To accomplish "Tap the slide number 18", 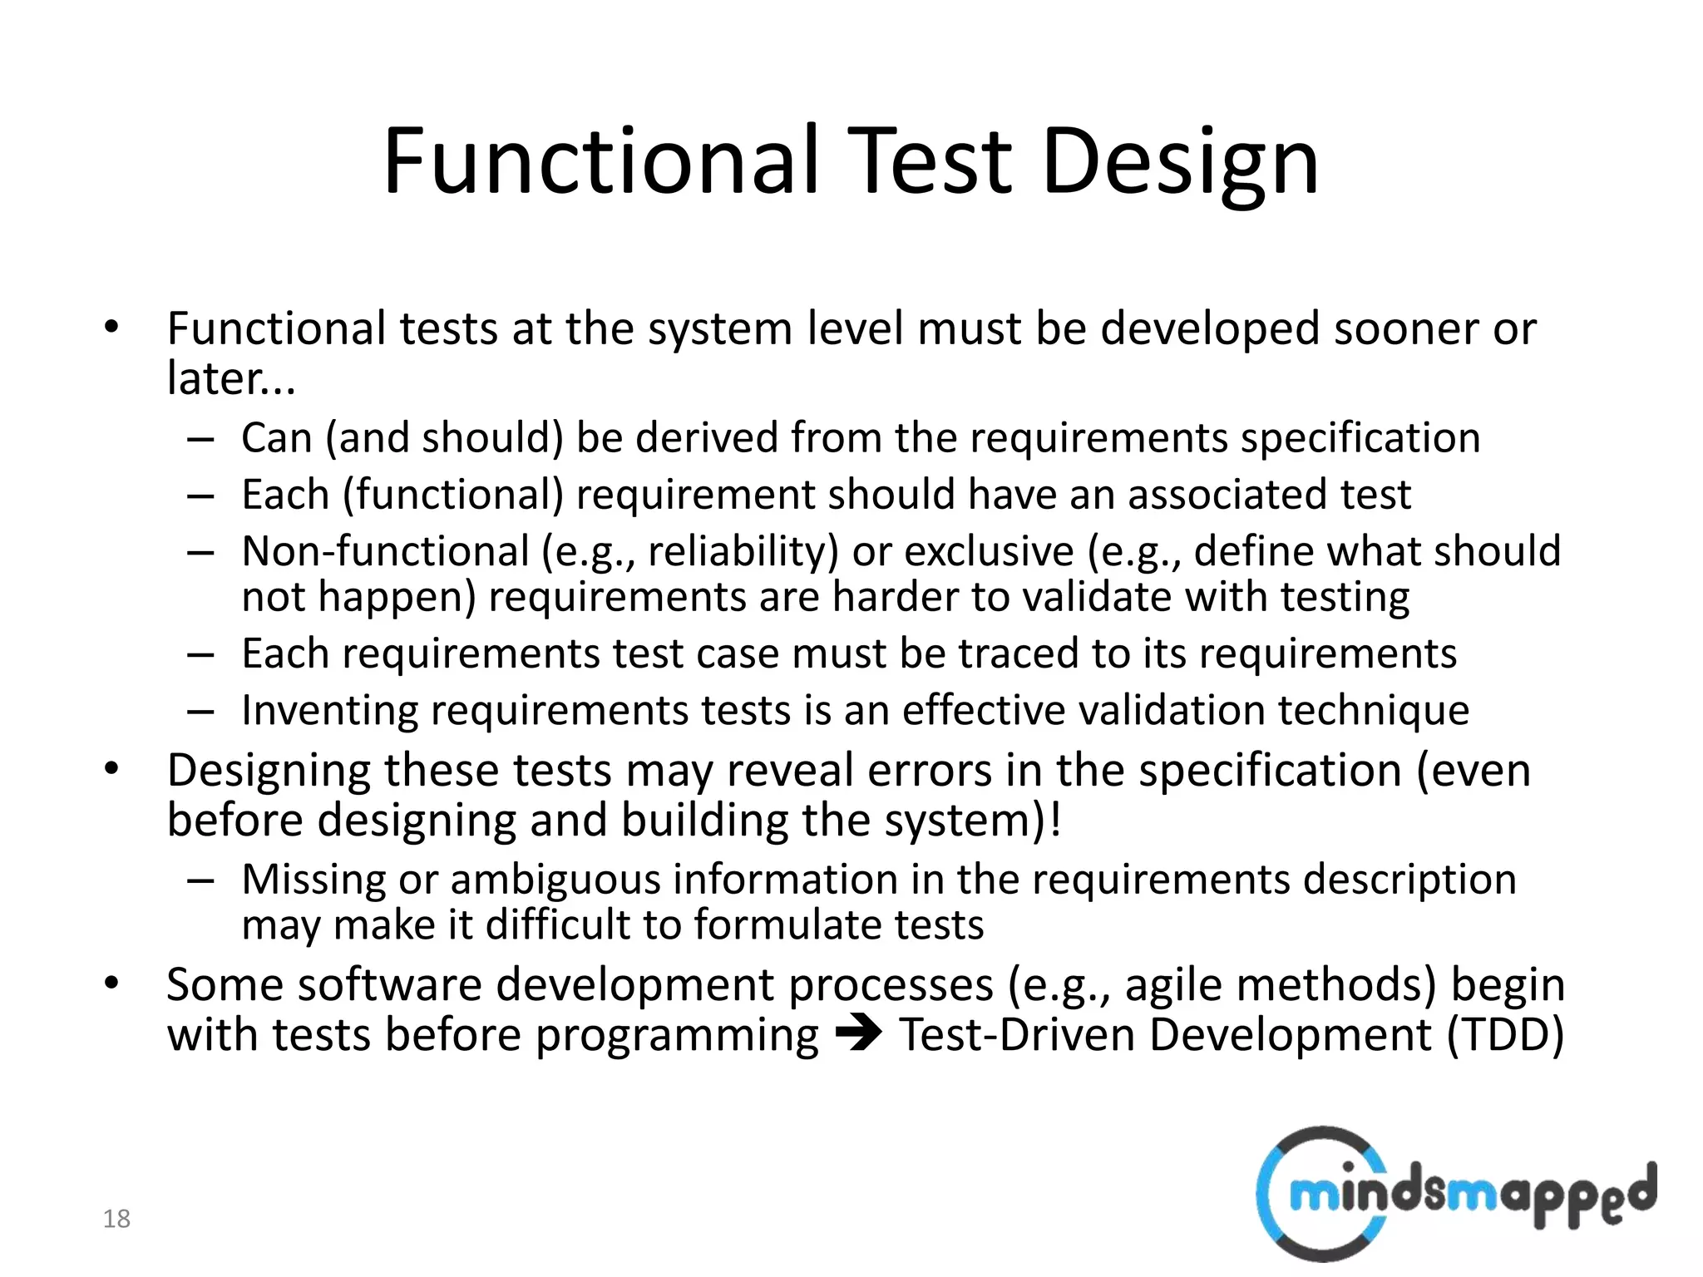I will point(116,1219).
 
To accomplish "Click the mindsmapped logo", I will point(1455,1194).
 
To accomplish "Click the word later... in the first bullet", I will point(231,379).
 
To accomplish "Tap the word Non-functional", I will point(385,551).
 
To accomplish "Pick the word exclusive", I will point(989,551).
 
